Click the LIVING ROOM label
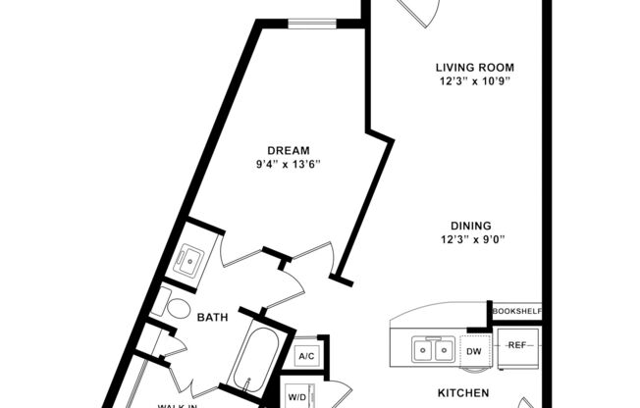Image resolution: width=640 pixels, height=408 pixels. [x=475, y=68]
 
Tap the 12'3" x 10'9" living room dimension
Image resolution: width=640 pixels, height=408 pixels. [x=475, y=81]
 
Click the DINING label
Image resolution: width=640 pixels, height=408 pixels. [x=465, y=225]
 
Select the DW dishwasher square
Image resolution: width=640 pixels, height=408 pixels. [x=473, y=350]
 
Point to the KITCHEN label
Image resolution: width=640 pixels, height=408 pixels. [x=463, y=393]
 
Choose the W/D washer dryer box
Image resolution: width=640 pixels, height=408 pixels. [x=296, y=396]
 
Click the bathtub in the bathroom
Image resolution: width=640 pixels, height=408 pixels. [x=250, y=365]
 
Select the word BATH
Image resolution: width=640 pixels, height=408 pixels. [x=213, y=318]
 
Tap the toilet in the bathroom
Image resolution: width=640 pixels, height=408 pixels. [x=177, y=307]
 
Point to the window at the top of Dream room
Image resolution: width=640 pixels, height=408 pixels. [x=313, y=23]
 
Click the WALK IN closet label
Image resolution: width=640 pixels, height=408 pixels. [x=181, y=403]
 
